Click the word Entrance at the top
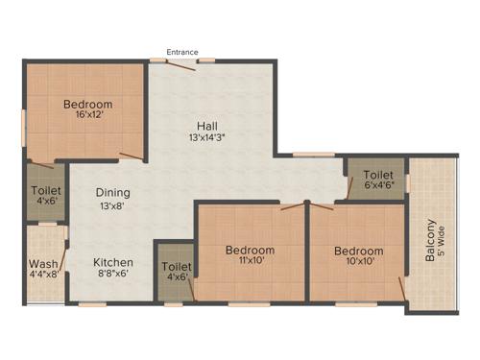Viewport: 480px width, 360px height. point(181,50)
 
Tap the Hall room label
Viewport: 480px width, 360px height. point(205,126)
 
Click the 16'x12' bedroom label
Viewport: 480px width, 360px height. point(88,105)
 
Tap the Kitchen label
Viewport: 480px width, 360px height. point(113,262)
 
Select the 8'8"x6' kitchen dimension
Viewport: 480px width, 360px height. point(113,275)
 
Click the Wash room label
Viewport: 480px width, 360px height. point(40,264)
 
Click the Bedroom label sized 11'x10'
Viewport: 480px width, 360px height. point(250,251)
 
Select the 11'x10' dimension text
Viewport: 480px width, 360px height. point(250,263)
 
